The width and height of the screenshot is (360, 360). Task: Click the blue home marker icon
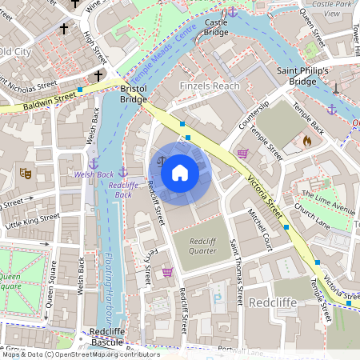click(x=180, y=172)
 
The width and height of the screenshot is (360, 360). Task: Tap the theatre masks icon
click(x=25, y=172)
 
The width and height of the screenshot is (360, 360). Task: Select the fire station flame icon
click(x=306, y=141)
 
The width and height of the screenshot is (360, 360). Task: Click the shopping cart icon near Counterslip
click(x=242, y=153)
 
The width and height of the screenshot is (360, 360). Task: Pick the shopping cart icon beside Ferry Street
click(x=167, y=272)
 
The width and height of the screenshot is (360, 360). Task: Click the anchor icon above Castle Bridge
click(x=232, y=11)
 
